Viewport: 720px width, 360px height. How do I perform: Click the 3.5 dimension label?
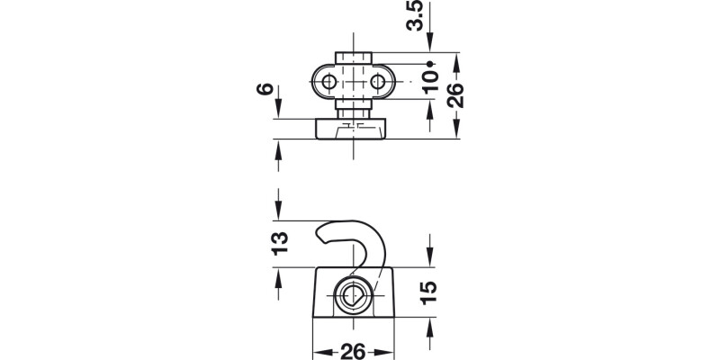coord(415,16)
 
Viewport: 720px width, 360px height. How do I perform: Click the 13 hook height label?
coord(279,242)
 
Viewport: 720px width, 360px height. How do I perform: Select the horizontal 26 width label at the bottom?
coord(352,349)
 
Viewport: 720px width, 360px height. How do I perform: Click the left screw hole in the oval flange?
coord(328,84)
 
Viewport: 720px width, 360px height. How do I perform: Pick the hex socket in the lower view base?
coord(352,294)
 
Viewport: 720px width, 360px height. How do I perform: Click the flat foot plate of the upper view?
coord(352,130)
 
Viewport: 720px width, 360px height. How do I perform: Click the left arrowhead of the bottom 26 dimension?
coord(316,349)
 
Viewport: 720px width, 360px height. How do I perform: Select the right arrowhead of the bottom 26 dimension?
coord(388,349)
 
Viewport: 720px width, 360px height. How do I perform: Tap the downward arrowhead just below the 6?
coord(279,112)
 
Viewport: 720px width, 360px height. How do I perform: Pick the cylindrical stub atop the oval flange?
coord(352,59)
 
